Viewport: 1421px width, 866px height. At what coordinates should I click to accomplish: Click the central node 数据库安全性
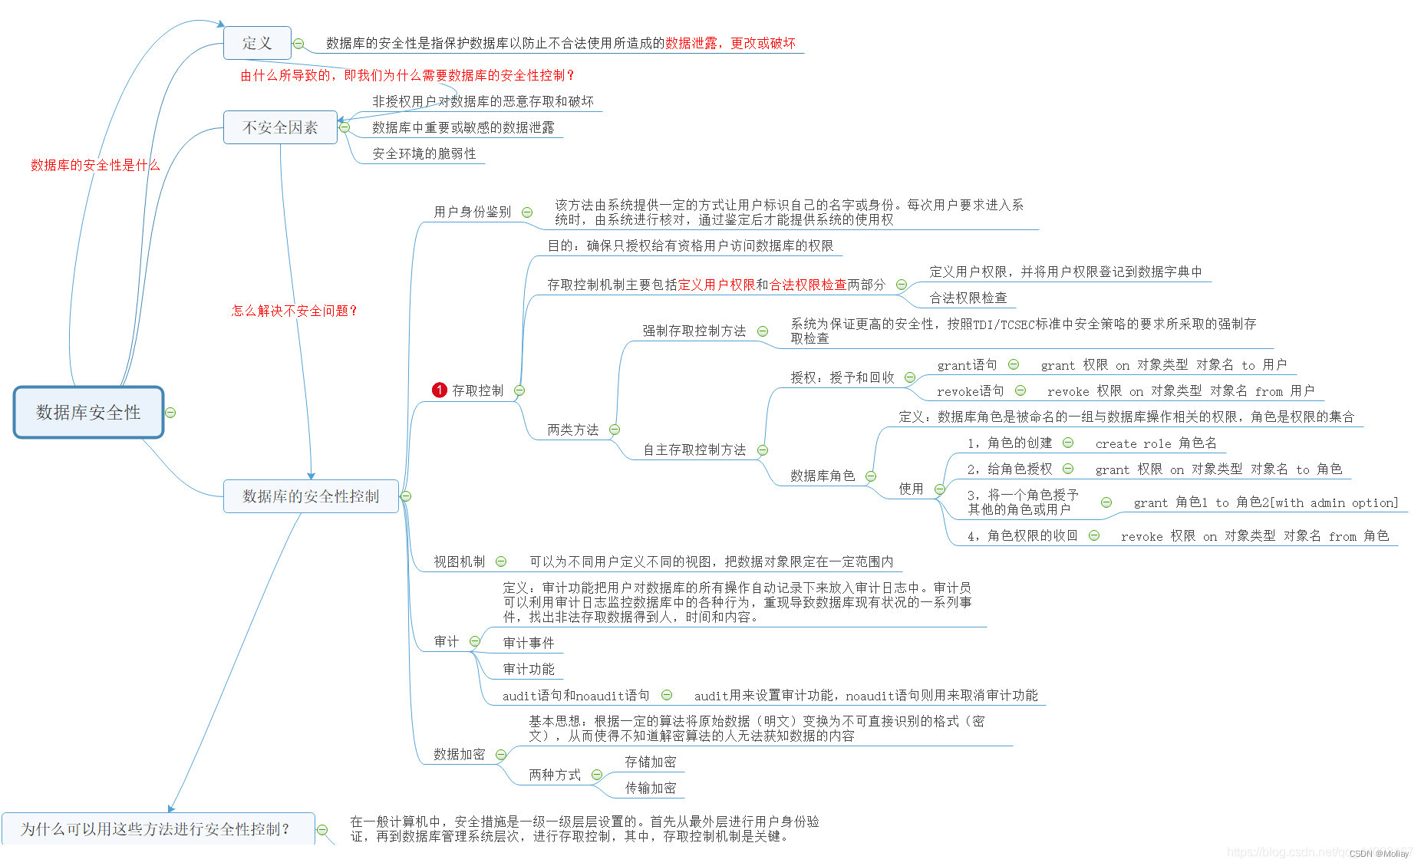click(88, 413)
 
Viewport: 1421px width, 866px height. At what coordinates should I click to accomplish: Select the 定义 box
click(257, 43)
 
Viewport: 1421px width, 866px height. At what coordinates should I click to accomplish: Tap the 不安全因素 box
click(280, 127)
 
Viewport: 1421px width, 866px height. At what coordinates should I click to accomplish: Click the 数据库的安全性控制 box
click(311, 496)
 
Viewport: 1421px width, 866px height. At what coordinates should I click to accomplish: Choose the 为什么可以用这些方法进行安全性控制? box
click(157, 829)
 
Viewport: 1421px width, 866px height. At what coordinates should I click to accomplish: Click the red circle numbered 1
click(439, 390)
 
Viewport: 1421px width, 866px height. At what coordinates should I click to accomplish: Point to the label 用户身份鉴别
click(472, 212)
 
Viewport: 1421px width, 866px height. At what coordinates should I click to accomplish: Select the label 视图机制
click(459, 561)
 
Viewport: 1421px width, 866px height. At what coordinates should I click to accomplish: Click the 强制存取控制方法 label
click(694, 331)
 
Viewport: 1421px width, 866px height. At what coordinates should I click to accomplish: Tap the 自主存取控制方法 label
click(694, 449)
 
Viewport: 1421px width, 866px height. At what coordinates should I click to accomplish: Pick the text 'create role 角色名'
click(1156, 443)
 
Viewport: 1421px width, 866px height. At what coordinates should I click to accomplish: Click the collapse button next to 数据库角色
click(871, 476)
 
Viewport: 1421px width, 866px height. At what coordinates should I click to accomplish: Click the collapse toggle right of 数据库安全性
click(170, 413)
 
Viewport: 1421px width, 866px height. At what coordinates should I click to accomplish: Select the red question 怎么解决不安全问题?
click(295, 311)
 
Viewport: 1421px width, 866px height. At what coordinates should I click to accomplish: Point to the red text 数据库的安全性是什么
click(95, 165)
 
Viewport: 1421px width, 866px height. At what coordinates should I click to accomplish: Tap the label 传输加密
click(651, 788)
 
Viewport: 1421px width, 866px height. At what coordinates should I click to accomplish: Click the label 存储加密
click(651, 762)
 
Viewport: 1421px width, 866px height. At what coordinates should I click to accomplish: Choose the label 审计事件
click(529, 643)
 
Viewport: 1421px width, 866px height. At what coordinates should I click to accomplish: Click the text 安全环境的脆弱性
click(424, 153)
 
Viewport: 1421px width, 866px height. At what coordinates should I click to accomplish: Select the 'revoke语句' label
click(970, 391)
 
